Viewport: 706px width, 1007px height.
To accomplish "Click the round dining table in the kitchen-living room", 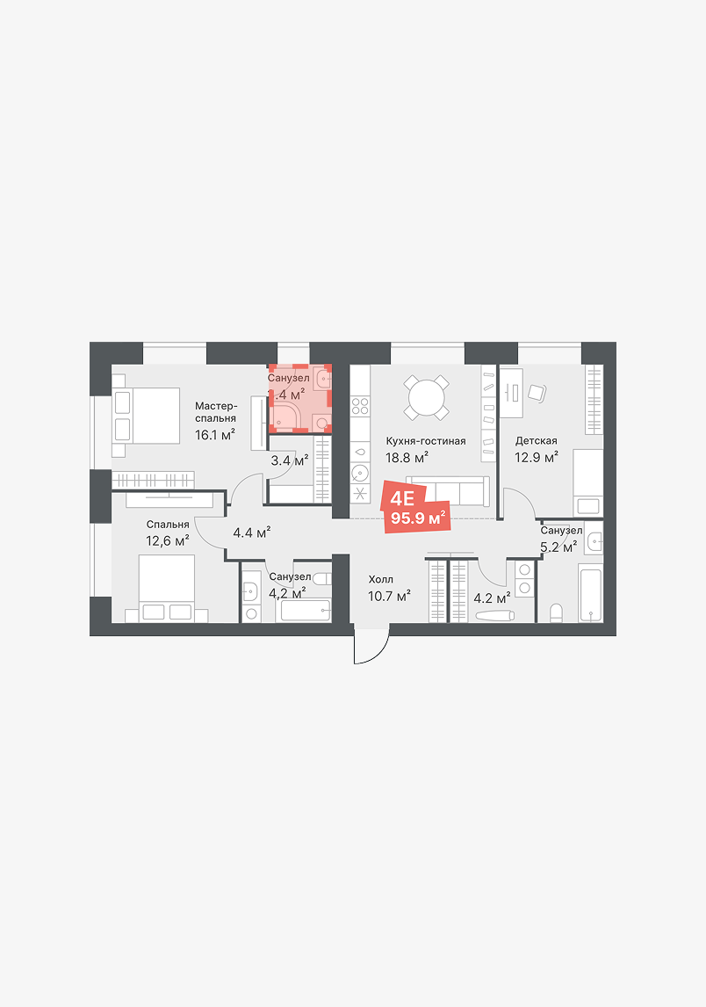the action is click(x=426, y=398).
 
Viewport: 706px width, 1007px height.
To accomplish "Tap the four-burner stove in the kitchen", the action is click(x=360, y=406).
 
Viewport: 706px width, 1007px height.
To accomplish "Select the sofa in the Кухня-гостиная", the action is click(x=448, y=490).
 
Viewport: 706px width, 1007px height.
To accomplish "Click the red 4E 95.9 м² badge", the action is click(x=417, y=508).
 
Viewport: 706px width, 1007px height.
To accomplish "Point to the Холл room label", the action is click(x=380, y=579).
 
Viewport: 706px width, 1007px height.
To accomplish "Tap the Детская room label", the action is click(x=536, y=440).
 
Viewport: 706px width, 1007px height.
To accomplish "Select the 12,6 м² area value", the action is click(x=167, y=540).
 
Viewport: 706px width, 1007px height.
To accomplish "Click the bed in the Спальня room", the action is click(x=167, y=589).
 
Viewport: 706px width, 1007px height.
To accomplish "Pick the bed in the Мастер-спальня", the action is click(x=147, y=415).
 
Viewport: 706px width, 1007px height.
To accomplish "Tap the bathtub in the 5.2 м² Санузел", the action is click(x=590, y=593).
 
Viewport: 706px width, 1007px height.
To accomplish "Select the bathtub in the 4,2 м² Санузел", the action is click(x=306, y=610).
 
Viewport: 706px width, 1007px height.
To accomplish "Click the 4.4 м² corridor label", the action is click(x=252, y=532).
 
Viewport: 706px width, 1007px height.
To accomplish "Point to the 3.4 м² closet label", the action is click(x=290, y=460).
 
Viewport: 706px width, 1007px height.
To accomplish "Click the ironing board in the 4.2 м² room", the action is click(x=495, y=616).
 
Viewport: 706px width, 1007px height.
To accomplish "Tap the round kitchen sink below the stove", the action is click(x=360, y=475).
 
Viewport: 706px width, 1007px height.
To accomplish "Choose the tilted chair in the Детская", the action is click(x=537, y=392).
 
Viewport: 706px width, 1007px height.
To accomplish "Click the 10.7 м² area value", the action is click(x=389, y=597).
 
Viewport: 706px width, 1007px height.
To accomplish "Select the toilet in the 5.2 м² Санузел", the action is click(x=556, y=612).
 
